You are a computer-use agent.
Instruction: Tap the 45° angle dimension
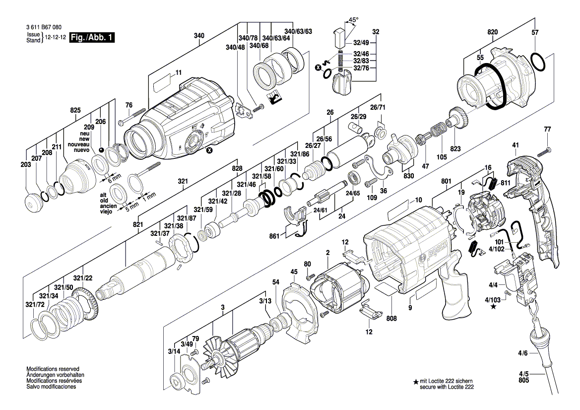(353, 20)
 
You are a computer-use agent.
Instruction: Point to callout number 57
(535, 32)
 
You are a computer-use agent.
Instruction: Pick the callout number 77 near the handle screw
(547, 130)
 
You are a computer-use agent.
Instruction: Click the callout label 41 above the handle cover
(515, 145)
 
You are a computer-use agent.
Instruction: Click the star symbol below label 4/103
(493, 307)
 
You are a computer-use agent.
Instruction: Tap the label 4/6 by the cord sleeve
(522, 353)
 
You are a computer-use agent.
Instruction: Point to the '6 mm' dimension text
(114, 177)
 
